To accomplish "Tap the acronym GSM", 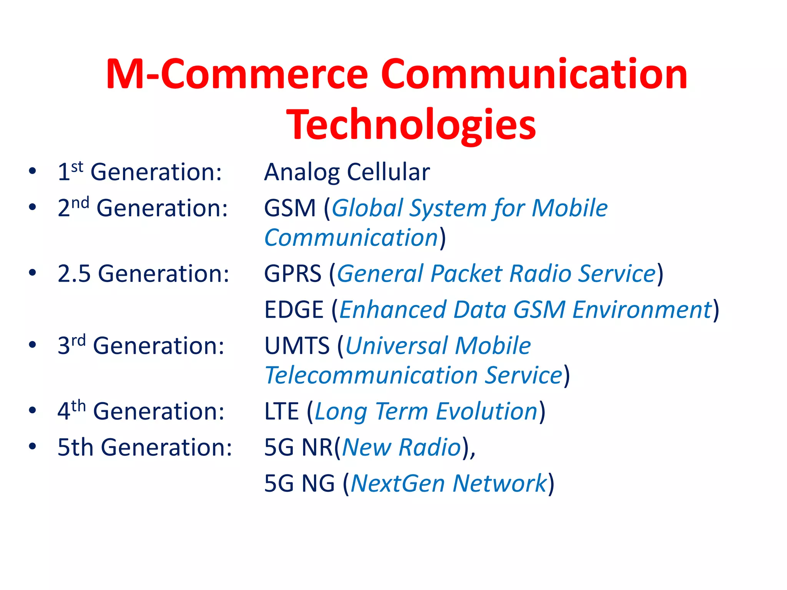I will point(290,208).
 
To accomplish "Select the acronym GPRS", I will point(292,274).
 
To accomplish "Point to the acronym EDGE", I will point(294,310).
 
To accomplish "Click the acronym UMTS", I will point(297,345).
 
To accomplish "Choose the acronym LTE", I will point(281,411).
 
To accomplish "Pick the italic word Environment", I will point(642,310).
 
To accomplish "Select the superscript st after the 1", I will point(77,167).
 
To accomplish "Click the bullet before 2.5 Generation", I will point(33,273).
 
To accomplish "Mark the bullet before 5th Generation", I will point(33,446).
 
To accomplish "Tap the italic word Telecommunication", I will point(371,375).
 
